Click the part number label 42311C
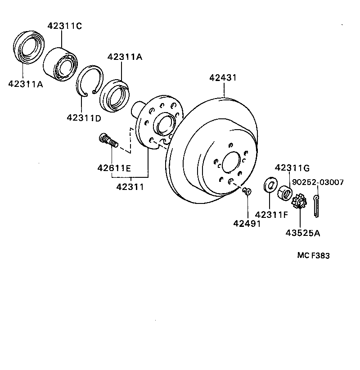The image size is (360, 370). (x=65, y=26)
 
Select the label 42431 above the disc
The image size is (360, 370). (x=223, y=78)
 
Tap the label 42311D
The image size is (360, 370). (x=84, y=118)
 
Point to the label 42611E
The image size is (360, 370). (x=114, y=168)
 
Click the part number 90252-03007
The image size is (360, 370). (x=318, y=182)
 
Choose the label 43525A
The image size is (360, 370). (x=302, y=233)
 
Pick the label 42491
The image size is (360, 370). (x=247, y=223)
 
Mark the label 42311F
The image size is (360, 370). (x=271, y=214)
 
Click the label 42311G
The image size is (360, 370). (x=292, y=168)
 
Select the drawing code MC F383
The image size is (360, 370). (x=313, y=256)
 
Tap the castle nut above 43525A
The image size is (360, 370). (x=299, y=202)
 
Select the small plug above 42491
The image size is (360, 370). (x=247, y=191)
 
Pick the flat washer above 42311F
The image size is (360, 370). (x=270, y=185)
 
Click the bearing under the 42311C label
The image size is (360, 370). (x=62, y=64)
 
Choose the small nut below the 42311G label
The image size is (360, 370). (x=285, y=192)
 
